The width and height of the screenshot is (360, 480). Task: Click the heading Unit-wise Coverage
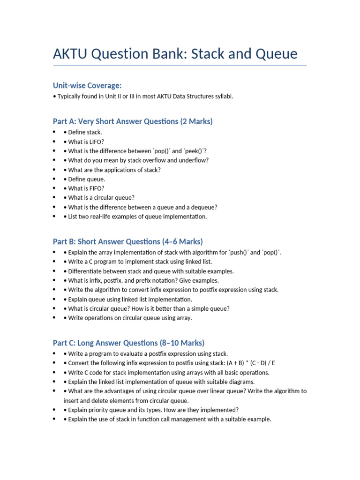[x=87, y=85]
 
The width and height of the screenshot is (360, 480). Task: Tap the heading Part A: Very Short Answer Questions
[x=133, y=121]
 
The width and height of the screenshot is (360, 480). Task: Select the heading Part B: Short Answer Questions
[x=127, y=241]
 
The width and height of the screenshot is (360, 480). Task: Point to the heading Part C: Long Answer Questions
[x=128, y=343]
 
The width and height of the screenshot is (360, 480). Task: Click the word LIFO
[x=99, y=142]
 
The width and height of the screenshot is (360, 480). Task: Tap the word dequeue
[x=202, y=207]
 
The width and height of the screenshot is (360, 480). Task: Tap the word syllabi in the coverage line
[x=222, y=97]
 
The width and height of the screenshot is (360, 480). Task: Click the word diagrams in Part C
[x=241, y=382]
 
